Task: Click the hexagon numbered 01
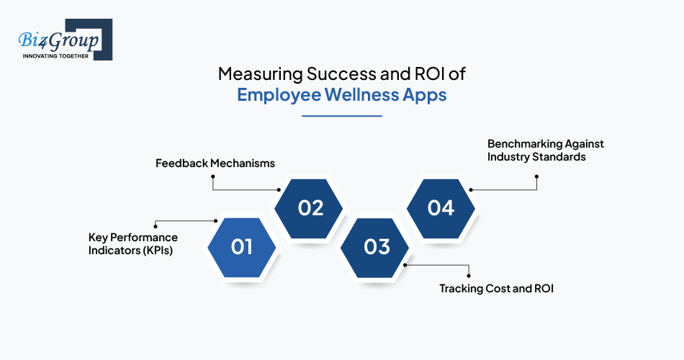coord(241,248)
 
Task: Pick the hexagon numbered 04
coord(441,208)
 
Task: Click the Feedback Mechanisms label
coord(215,163)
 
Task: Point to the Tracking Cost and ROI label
coord(496,289)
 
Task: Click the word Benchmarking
coord(518,143)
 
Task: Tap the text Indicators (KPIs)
coord(130,251)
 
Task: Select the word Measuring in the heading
coord(261,73)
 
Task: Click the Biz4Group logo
coord(65,40)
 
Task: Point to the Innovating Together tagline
coord(55,56)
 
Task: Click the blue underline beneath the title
coord(342,116)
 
